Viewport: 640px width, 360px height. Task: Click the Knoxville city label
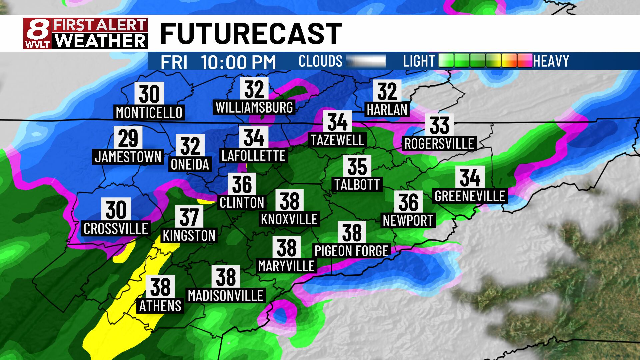[x=289, y=219]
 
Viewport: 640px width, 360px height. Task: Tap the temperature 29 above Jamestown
[x=128, y=138]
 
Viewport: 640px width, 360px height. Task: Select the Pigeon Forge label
[x=352, y=251]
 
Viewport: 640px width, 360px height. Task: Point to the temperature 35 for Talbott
[x=357, y=166]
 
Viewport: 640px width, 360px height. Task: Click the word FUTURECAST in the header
[x=251, y=34]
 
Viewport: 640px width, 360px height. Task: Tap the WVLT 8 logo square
[x=37, y=34]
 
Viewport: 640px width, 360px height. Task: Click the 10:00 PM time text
[x=238, y=62]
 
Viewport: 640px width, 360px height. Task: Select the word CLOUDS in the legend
[x=320, y=61]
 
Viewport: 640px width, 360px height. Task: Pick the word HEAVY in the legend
[x=551, y=61]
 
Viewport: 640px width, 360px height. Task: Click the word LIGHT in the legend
[x=419, y=61]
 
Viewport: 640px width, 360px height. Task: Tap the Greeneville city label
[x=470, y=196]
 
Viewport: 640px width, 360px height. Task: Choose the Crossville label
[x=116, y=229]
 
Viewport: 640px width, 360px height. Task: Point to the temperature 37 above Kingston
[x=189, y=217]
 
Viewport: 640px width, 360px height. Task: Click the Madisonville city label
[x=226, y=296]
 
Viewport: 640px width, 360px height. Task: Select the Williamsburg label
[x=254, y=108]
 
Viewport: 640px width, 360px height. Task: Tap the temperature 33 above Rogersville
[x=439, y=125]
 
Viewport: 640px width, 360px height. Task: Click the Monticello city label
[x=149, y=113]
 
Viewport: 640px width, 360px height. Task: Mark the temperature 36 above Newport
[x=408, y=202]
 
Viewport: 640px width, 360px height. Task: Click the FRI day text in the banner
[x=174, y=62]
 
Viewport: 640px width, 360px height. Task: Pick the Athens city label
[x=160, y=306]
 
